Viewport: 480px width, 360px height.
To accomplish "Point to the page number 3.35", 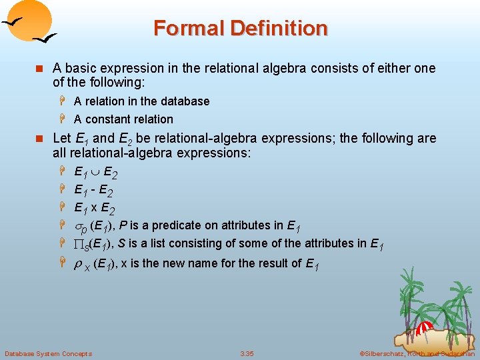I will coord(247,353).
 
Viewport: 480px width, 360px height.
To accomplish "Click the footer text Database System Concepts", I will coord(48,353).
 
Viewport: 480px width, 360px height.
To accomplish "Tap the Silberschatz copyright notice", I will coord(417,353).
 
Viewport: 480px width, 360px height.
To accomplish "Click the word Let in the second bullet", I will coord(61,139).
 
